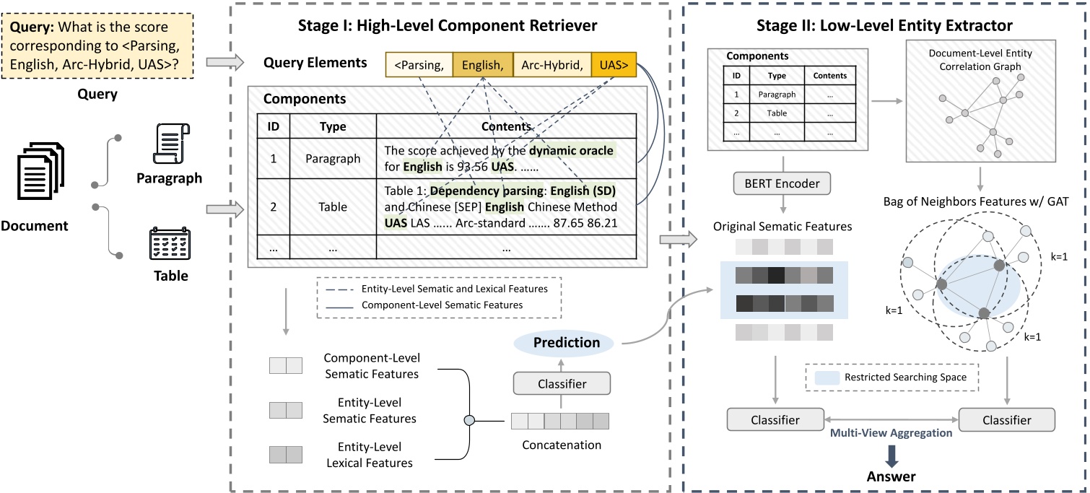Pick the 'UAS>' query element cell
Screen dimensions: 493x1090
click(614, 66)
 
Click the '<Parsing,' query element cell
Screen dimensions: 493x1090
click(419, 66)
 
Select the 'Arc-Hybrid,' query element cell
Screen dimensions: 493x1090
click(551, 66)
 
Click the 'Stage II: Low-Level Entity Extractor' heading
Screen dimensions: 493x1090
click(884, 26)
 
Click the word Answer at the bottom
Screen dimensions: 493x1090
click(891, 476)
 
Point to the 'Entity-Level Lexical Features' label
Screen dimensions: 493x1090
click(371, 455)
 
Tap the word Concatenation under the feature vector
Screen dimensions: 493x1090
click(561, 445)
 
